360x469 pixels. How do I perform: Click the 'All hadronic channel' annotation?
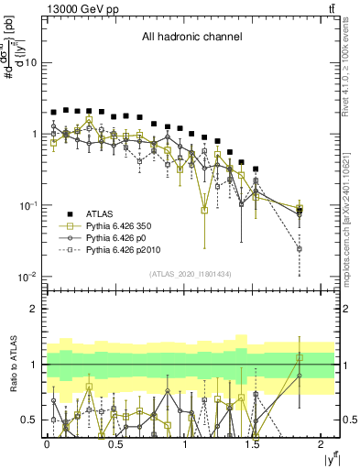coord(191,38)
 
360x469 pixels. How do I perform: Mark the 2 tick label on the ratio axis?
coord(35,309)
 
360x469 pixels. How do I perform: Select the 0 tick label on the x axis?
coord(47,445)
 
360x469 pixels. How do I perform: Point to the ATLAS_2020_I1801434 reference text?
coord(191,274)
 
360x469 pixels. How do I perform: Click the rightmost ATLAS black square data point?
coord(300,209)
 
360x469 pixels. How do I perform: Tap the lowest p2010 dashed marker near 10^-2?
coord(300,248)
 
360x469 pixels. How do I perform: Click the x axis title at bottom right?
coord(327,460)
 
